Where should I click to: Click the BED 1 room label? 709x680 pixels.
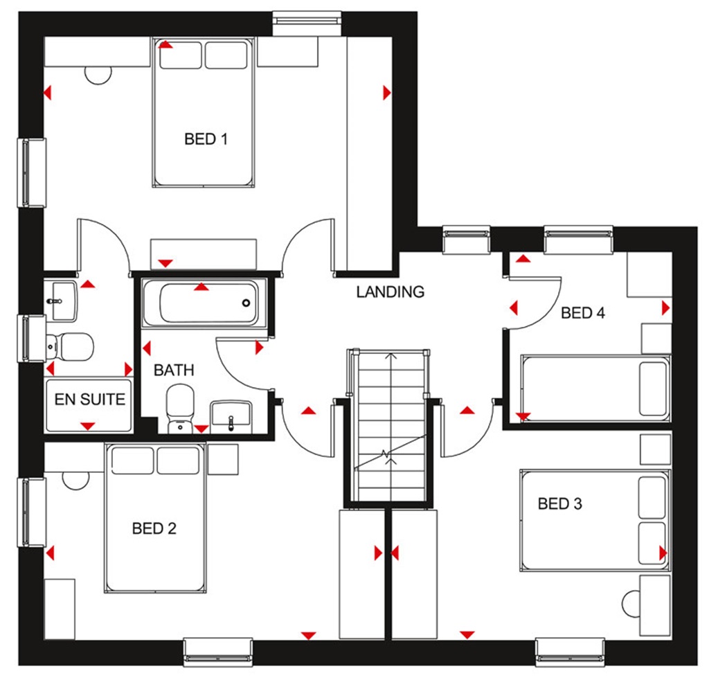206,139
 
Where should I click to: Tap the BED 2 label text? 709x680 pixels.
154,529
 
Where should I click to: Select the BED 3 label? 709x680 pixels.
559,503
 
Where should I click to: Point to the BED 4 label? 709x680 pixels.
583,313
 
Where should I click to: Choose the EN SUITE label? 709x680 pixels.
90,399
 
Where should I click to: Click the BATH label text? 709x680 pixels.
174,370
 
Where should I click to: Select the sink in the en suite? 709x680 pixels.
62,300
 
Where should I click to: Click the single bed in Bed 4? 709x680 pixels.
594,388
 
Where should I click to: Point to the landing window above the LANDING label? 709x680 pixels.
466,240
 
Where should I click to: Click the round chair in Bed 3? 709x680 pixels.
634,602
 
